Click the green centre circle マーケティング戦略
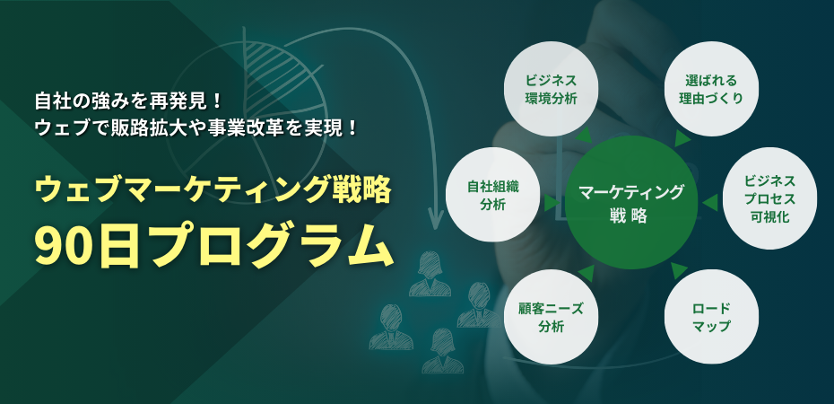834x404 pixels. tap(631, 202)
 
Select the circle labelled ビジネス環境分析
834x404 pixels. tap(551, 89)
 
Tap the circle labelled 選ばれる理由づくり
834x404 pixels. tap(712, 89)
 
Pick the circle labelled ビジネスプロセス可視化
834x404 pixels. tap(769, 198)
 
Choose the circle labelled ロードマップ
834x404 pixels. tap(712, 317)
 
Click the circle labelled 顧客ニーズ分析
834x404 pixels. tap(551, 317)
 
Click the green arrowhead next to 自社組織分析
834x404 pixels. tap(551, 202)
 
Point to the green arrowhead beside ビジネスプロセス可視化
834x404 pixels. tap(710, 202)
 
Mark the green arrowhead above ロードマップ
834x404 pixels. tap(679, 270)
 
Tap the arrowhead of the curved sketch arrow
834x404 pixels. tap(436, 218)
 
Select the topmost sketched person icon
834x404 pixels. tap(430, 274)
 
